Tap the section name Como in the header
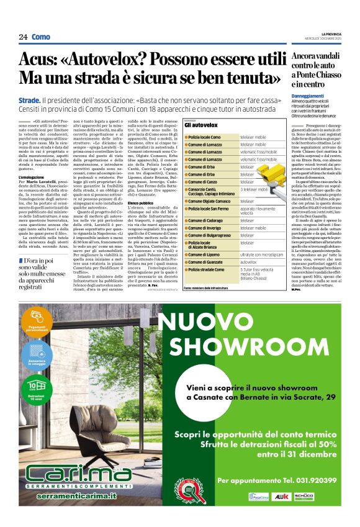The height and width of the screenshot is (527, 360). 41,37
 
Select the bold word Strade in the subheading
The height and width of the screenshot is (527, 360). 29,99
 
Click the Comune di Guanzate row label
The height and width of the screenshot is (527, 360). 207,262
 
